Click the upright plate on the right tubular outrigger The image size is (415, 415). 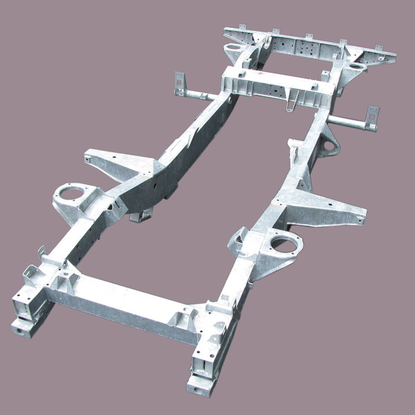(373, 117)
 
